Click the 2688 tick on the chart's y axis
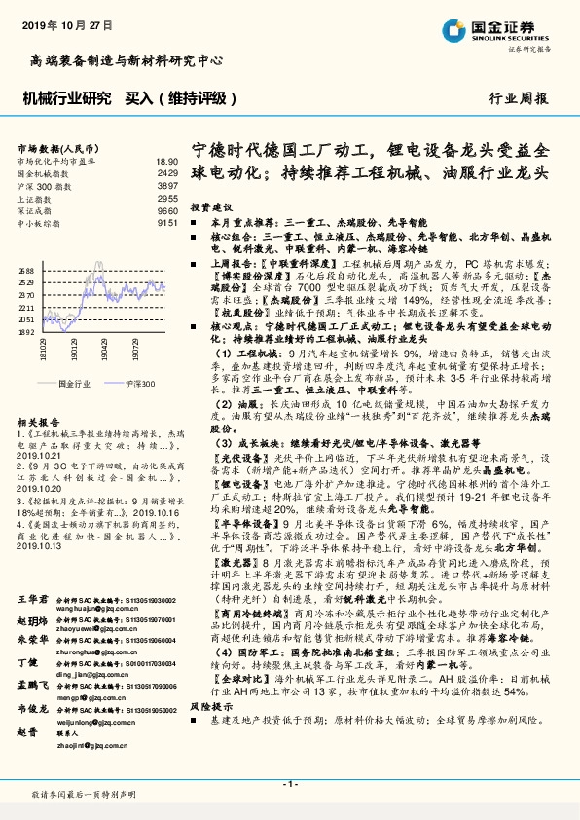(x=26, y=271)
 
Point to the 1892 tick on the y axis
(x=26, y=332)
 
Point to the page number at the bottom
(x=290, y=784)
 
